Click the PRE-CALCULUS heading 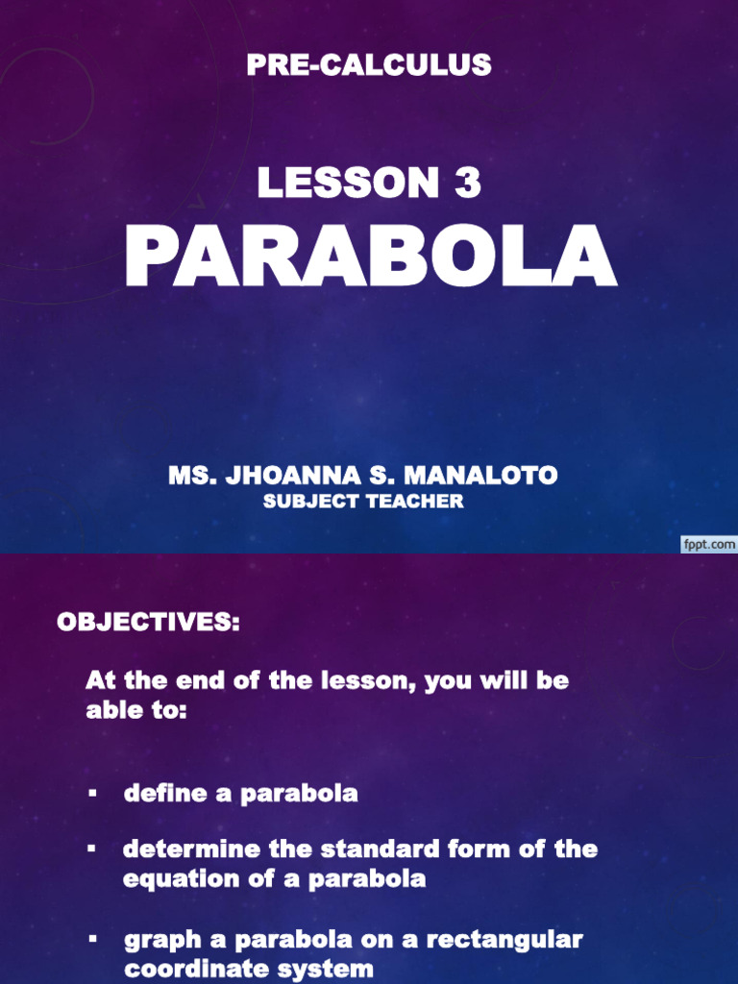click(369, 65)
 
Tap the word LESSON click(348, 183)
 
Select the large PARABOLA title click(370, 258)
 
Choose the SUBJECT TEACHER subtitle click(363, 501)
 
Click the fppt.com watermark click(708, 544)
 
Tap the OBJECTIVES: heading click(148, 622)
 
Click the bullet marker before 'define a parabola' click(92, 794)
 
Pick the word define click(165, 794)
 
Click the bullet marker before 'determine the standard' click(92, 849)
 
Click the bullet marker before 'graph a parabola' click(92, 939)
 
